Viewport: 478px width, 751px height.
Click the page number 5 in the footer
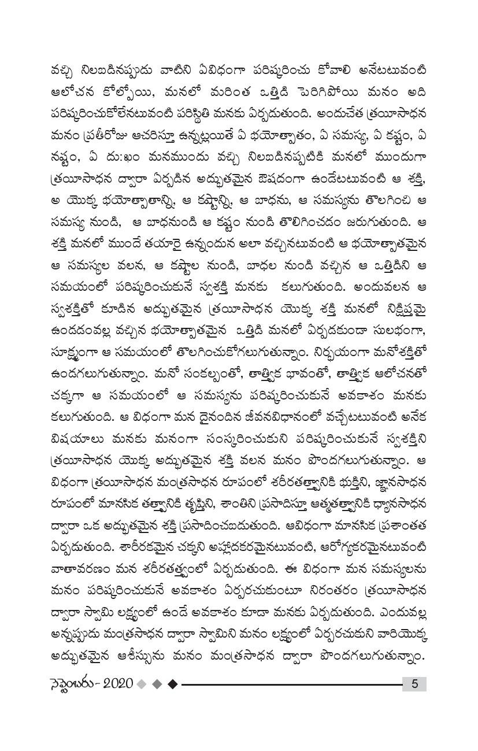click(414, 683)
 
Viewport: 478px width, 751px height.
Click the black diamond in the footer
click(172, 684)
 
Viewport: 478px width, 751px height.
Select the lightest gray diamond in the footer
click(142, 684)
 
